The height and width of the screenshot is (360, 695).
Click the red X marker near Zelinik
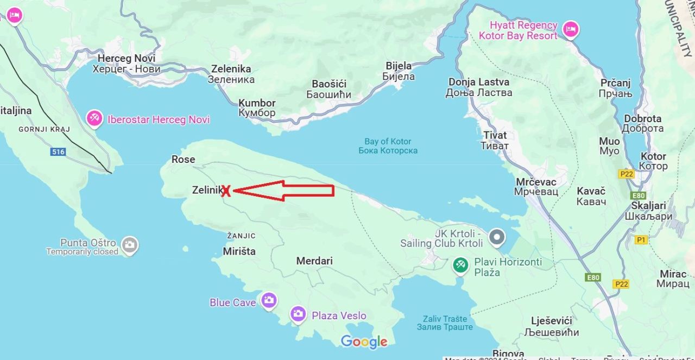[226, 190]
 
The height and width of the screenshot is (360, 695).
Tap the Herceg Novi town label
[127, 64]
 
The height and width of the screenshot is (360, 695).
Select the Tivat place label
[495, 140]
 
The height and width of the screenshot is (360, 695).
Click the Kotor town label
[653, 161]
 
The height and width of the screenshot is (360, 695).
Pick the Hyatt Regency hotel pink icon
[570, 29]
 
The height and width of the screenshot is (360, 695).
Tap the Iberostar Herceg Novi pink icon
[95, 118]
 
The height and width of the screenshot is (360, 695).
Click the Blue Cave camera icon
[269, 300]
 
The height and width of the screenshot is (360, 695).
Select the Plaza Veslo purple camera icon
[298, 314]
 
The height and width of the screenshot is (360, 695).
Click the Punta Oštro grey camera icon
[129, 245]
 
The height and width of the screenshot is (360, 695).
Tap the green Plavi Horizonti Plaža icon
[460, 265]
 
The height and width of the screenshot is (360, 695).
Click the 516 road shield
[58, 152]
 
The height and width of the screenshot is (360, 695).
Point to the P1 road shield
[641, 239]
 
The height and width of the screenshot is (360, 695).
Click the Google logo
[364, 342]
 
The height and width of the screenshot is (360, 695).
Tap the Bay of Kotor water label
[388, 146]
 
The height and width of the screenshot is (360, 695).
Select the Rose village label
[183, 159]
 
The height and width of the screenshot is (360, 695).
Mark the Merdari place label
[314, 261]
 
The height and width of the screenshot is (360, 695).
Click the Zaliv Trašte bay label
[445, 323]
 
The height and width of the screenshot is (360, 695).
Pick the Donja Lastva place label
[479, 87]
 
